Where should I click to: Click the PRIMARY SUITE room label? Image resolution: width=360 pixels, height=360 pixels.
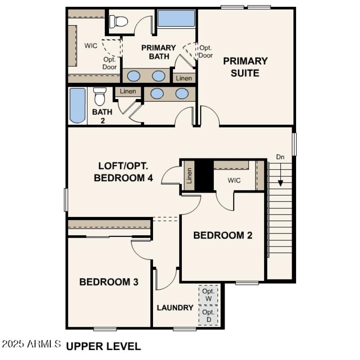(245, 67)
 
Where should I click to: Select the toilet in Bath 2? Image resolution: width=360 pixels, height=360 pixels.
(99, 96)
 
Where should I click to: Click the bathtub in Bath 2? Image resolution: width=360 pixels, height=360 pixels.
(78, 105)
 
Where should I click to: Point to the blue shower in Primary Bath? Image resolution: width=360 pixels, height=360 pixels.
(176, 18)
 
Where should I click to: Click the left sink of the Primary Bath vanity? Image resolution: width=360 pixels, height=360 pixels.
(133, 76)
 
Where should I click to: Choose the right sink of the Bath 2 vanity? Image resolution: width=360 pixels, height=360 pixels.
(182, 94)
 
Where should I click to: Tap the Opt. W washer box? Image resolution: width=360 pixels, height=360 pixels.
(208, 294)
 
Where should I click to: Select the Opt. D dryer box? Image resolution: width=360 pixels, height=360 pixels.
(208, 315)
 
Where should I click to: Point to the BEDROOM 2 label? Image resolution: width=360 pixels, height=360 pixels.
(222, 235)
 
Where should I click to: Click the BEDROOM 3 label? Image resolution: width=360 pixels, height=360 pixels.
(108, 282)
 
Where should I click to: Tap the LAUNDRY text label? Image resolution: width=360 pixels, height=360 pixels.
(175, 308)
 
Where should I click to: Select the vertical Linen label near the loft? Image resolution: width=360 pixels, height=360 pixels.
(189, 175)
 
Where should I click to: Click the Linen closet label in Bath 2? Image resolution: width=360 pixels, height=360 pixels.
(128, 91)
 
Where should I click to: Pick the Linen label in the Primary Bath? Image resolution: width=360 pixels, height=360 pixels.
(184, 78)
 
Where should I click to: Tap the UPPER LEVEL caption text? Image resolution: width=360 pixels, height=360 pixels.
(103, 346)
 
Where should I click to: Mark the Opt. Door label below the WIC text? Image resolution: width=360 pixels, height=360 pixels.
(109, 63)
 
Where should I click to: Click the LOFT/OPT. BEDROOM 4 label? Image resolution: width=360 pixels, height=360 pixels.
(123, 171)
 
